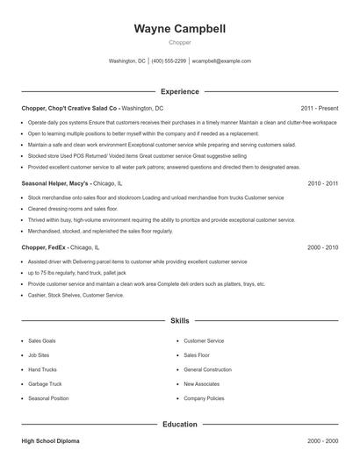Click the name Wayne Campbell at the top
pos(180,29)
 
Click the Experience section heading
pos(180,91)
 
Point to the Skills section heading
pos(180,322)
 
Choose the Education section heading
pos(180,425)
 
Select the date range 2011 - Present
pos(319,107)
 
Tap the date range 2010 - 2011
pos(322,183)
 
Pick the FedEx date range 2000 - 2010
pos(322,247)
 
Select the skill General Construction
pos(207,369)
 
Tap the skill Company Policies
pos(204,399)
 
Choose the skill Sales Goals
pos(42,340)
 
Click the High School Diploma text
pos(50,440)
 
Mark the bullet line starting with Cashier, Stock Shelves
pos(76,296)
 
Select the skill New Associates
pos(201,384)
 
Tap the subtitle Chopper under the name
pos(180,42)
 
